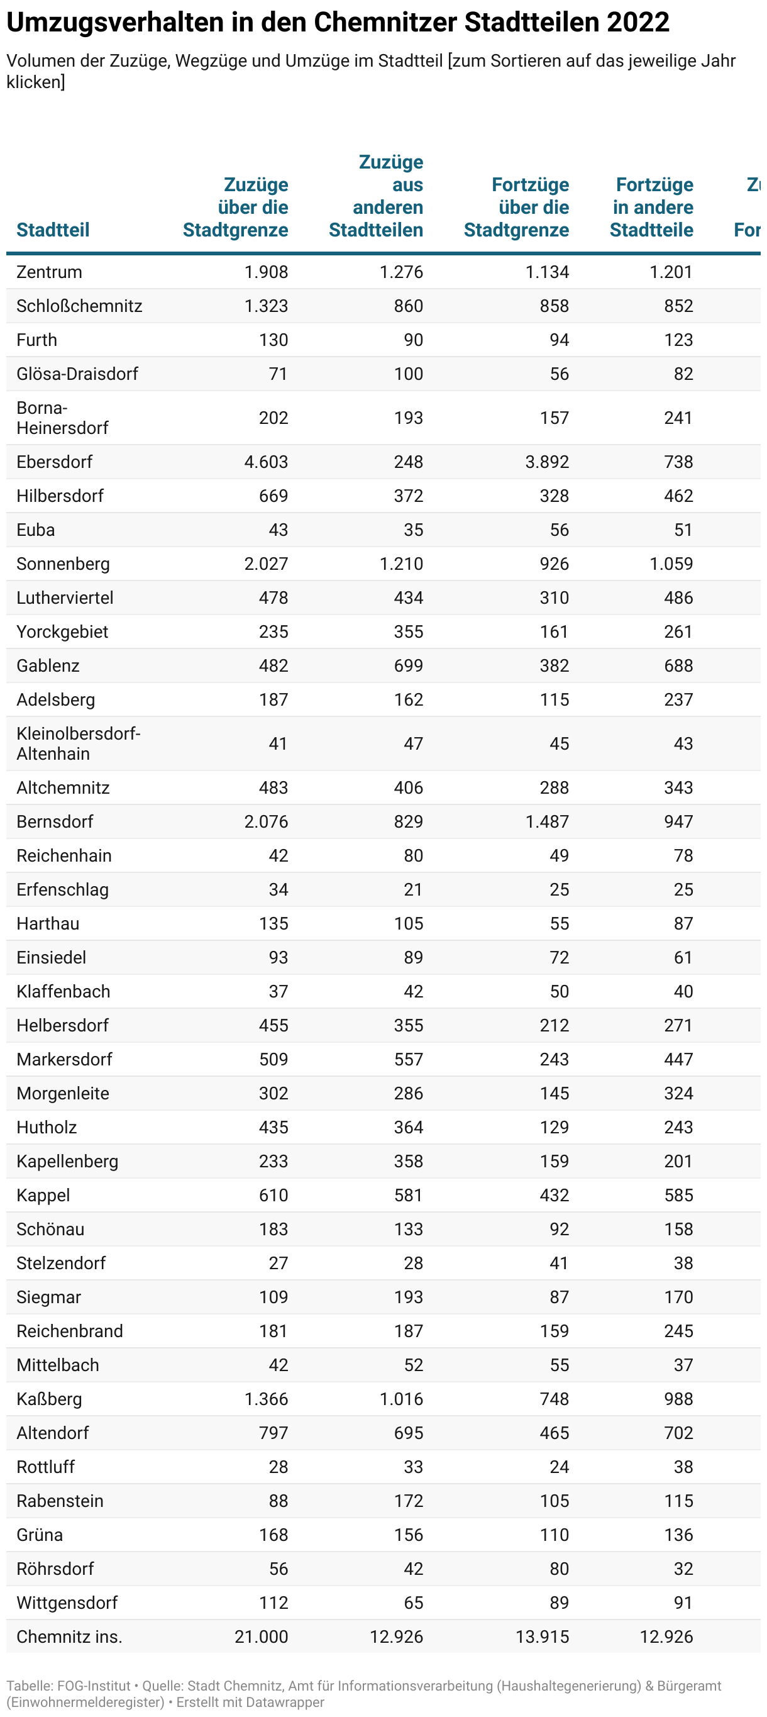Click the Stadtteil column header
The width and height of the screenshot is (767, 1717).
click(x=53, y=230)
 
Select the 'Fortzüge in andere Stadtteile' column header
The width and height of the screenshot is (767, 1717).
click(x=652, y=208)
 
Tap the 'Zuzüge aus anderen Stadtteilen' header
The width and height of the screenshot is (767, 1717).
click(x=377, y=196)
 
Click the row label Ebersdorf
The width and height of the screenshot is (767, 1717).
click(x=54, y=462)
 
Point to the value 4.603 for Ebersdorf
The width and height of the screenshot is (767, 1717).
click(x=266, y=462)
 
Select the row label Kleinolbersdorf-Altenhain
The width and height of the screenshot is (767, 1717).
click(x=78, y=743)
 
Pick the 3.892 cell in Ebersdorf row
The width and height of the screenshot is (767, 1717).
click(x=546, y=462)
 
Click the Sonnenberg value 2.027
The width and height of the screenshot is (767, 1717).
click(x=266, y=564)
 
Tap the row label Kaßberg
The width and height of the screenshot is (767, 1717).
click(x=48, y=1399)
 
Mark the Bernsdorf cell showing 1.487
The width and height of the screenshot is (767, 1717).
click(x=546, y=822)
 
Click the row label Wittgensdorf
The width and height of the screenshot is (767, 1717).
click(x=67, y=1603)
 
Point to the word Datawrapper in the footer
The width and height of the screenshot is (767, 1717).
click(x=285, y=1702)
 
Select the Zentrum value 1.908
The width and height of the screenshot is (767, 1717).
click(x=266, y=272)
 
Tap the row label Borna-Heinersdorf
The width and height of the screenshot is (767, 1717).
click(x=62, y=417)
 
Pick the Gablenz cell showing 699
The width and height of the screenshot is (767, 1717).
click(x=408, y=666)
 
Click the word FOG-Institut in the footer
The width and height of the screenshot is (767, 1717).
click(x=94, y=1686)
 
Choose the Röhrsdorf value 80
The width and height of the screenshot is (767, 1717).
click(x=559, y=1569)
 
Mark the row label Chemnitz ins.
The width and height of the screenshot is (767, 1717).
click(x=69, y=1637)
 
